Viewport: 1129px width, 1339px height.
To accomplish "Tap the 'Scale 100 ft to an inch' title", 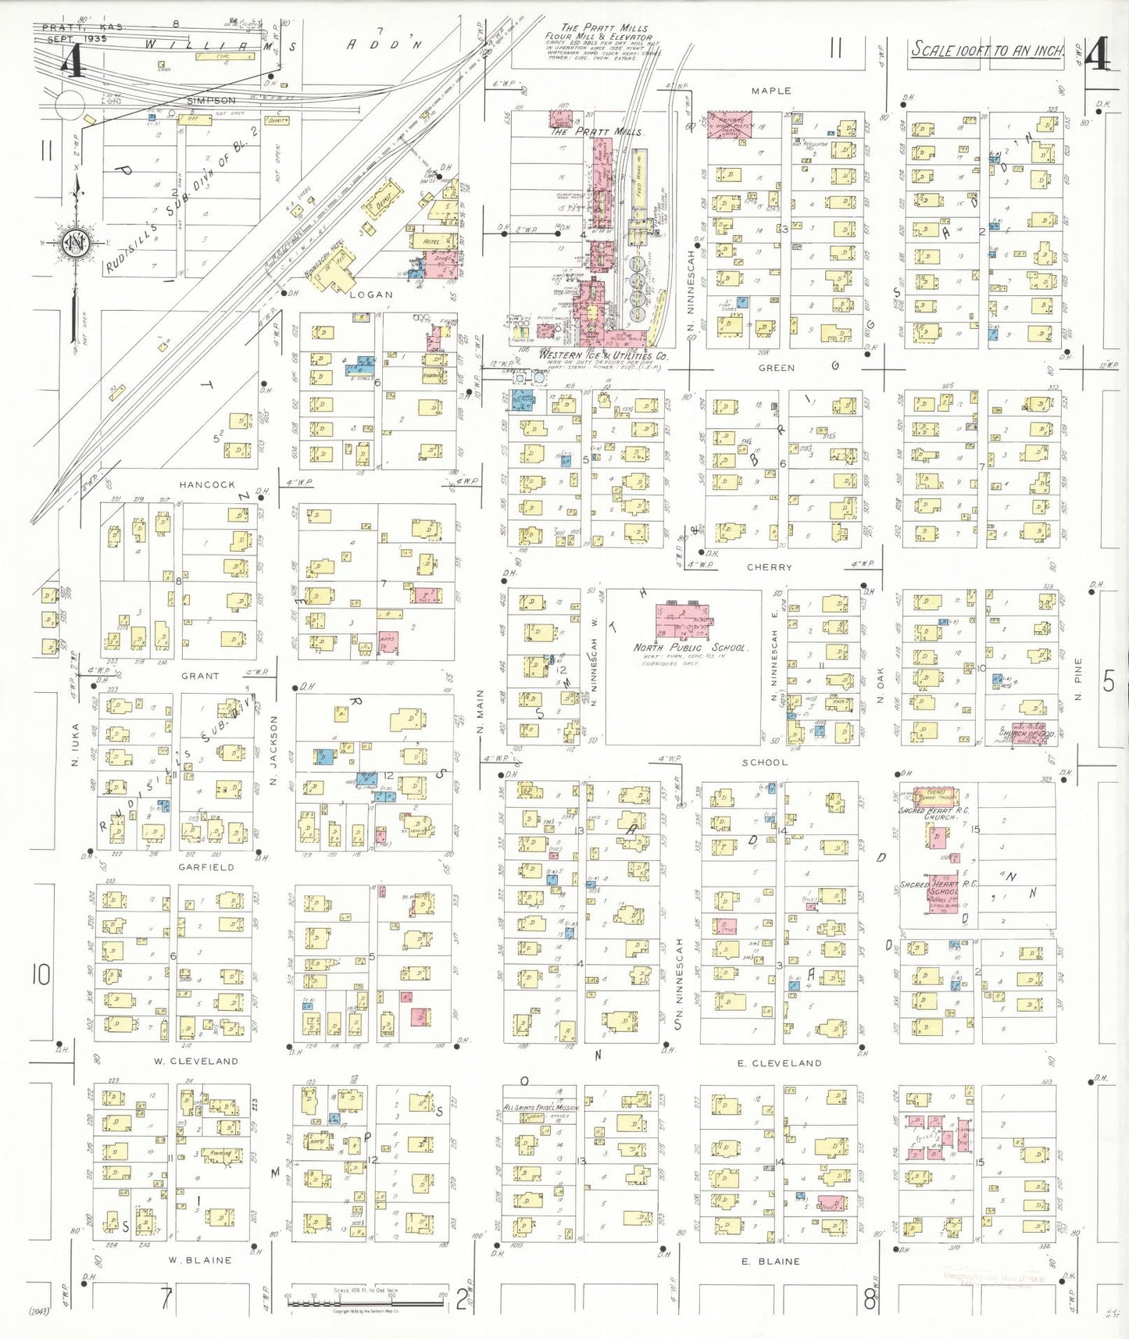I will click(x=988, y=50).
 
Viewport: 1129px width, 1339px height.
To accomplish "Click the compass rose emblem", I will click(x=76, y=243).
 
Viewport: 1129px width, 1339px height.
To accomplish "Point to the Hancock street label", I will click(x=207, y=484).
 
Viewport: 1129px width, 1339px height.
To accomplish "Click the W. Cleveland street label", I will click(x=195, y=1061).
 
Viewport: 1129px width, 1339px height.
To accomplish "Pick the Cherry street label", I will click(x=769, y=567).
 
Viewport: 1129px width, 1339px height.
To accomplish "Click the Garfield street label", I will click(x=205, y=867).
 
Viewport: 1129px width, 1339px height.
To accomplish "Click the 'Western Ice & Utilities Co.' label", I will click(x=603, y=355).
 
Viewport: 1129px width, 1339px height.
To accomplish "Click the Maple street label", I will click(x=770, y=91).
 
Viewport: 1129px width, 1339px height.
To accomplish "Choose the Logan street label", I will click(x=370, y=295).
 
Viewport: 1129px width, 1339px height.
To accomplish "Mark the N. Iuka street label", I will click(x=76, y=744).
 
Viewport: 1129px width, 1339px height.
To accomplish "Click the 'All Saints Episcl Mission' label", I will click(x=541, y=1108).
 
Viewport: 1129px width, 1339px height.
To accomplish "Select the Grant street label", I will click(x=200, y=676).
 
